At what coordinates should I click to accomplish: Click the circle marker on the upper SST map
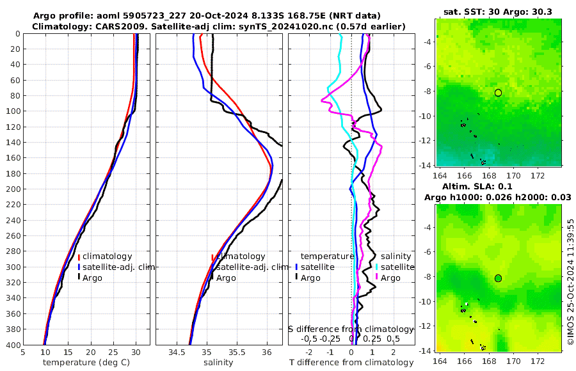pos(498,93)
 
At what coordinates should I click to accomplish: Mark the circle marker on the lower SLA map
pos(498,278)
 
